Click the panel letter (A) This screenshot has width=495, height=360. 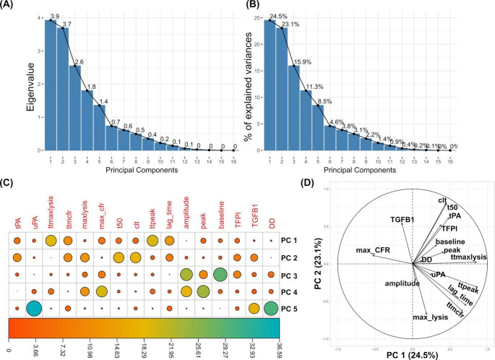coord(9,7)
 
